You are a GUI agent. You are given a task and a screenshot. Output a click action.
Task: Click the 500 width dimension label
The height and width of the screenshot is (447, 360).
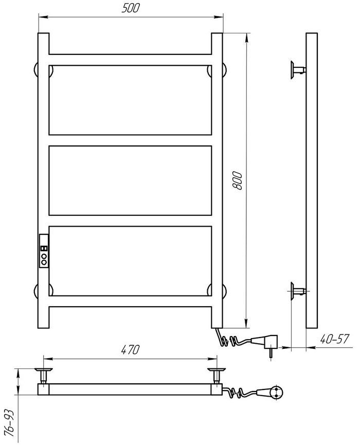131,8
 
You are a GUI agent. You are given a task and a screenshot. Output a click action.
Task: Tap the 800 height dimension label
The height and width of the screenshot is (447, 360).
237,180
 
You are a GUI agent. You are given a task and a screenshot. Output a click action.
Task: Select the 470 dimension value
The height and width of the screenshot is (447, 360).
130,350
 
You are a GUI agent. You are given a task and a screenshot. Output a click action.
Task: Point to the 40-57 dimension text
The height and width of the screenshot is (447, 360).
334,339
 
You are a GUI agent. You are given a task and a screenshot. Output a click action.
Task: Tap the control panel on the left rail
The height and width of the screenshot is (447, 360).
44,251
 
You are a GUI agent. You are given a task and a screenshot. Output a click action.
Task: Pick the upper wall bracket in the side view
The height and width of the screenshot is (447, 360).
298,69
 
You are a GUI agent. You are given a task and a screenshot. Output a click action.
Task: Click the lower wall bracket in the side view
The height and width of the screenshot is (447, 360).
298,291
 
